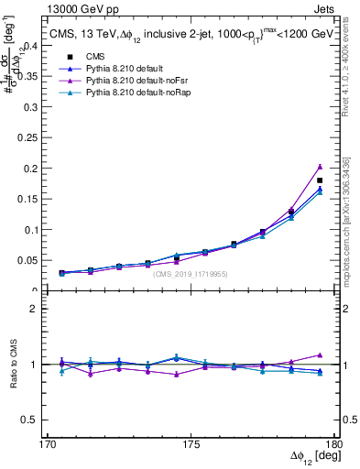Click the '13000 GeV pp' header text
point(80,8)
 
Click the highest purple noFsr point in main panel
point(319,167)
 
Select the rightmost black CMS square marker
point(319,180)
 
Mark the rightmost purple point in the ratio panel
point(319,354)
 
